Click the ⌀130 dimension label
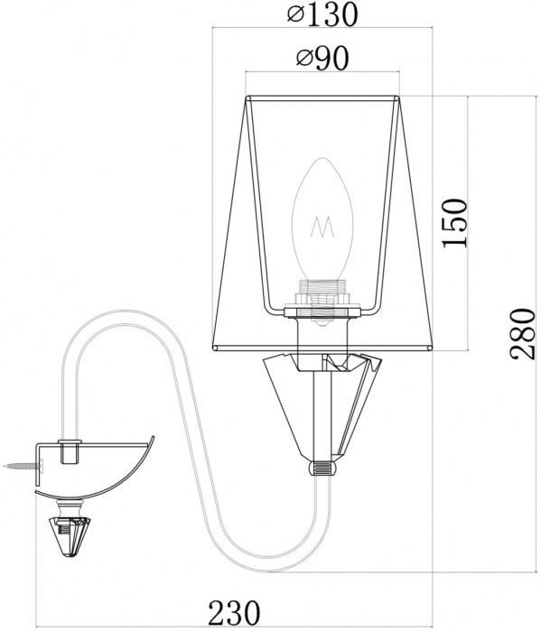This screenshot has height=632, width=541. pyautogui.click(x=322, y=14)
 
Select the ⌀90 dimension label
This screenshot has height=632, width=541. pyautogui.click(x=322, y=59)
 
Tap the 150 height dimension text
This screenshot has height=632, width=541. pyautogui.click(x=454, y=223)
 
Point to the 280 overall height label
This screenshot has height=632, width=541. pyautogui.click(x=522, y=334)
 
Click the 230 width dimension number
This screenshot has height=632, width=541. pyautogui.click(x=234, y=612)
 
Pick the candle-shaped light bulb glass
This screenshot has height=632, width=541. pyautogui.click(x=322, y=219)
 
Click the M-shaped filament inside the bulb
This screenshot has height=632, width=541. pyautogui.click(x=322, y=227)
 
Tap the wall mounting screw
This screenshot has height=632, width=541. pyautogui.click(x=23, y=467)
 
